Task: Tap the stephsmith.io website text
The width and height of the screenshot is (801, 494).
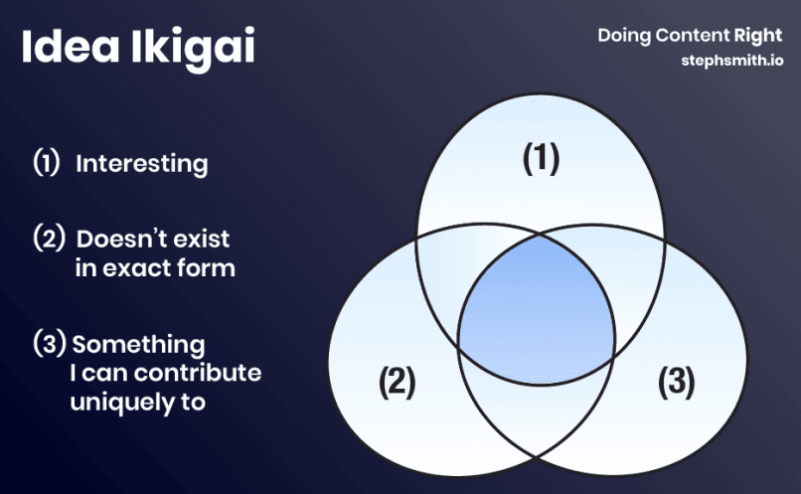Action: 731,60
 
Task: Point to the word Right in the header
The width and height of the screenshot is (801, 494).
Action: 758,36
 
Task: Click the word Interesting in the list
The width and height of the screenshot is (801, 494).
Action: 142,163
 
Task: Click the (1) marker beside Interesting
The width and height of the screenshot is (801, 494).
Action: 47,163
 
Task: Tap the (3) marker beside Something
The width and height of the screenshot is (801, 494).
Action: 49,345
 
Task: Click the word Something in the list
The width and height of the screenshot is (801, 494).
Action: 138,345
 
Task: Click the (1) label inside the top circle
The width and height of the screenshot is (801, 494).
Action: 541,159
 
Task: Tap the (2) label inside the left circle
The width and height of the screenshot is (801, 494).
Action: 397,382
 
